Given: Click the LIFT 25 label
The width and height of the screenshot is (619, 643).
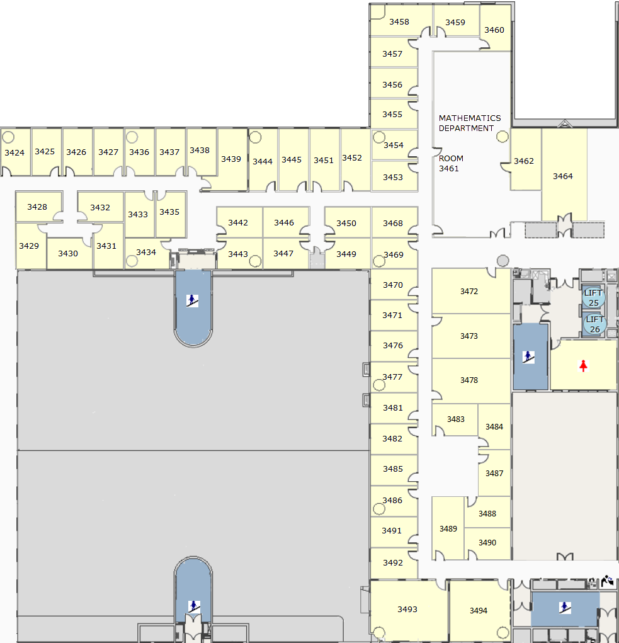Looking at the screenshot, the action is [x=593, y=298].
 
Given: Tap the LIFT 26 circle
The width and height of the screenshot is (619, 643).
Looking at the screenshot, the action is [x=594, y=324].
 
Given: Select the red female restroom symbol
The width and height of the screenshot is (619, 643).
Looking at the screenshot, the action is [x=583, y=365].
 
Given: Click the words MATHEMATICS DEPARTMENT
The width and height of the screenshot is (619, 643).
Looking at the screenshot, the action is [x=470, y=123].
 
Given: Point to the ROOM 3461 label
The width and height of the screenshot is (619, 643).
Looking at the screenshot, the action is [x=451, y=163].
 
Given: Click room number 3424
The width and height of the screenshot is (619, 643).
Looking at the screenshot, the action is [x=14, y=152].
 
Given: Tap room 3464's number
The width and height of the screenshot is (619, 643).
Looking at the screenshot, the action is [x=562, y=176].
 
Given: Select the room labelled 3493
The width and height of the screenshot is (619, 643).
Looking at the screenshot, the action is [x=407, y=610].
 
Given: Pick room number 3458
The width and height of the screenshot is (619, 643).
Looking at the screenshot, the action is [x=399, y=22].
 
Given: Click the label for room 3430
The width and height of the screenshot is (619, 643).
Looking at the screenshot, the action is [x=67, y=253].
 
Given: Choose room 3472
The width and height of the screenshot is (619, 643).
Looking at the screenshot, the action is [x=469, y=291].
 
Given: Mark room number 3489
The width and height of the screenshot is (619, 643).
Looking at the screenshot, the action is [x=448, y=528].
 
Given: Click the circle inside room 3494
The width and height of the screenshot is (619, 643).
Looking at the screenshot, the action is [x=503, y=633].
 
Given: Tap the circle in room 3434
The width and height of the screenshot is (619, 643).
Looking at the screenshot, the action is [x=132, y=261].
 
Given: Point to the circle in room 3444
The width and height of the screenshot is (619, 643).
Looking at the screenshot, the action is [x=256, y=137].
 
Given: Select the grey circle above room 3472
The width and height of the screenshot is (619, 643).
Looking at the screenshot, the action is [x=503, y=260].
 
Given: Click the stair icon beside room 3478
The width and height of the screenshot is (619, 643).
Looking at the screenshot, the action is [x=528, y=356].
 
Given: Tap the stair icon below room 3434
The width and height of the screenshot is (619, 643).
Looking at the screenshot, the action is [x=192, y=300].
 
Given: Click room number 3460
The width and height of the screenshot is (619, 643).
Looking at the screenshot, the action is [x=494, y=30].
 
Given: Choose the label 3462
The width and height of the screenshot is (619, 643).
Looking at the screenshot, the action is [x=523, y=161].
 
